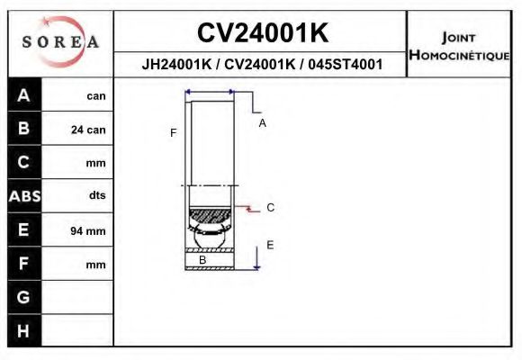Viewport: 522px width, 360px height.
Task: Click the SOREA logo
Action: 60,42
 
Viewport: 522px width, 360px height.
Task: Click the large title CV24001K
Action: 262,33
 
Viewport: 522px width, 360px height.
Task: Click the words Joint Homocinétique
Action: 459,45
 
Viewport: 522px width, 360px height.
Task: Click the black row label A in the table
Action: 24,95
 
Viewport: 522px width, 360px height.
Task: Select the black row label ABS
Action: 24,195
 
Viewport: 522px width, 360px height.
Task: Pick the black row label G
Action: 24,296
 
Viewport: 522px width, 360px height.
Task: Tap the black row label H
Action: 24,330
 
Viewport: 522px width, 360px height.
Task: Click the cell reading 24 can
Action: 88,130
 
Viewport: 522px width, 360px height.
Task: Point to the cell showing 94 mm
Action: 88,230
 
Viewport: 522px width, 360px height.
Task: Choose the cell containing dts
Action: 96,195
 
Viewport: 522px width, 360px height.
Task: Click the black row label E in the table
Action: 24,229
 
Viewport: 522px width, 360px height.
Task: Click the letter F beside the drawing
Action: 173,133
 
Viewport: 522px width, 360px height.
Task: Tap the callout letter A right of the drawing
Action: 263,123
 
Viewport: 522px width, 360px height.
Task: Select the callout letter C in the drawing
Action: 270,208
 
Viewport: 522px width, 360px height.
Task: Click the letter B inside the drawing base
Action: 202,260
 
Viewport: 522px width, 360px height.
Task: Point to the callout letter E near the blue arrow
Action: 269,245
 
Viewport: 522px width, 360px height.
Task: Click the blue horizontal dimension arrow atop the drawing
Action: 209,92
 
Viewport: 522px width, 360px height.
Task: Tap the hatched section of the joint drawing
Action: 210,218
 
